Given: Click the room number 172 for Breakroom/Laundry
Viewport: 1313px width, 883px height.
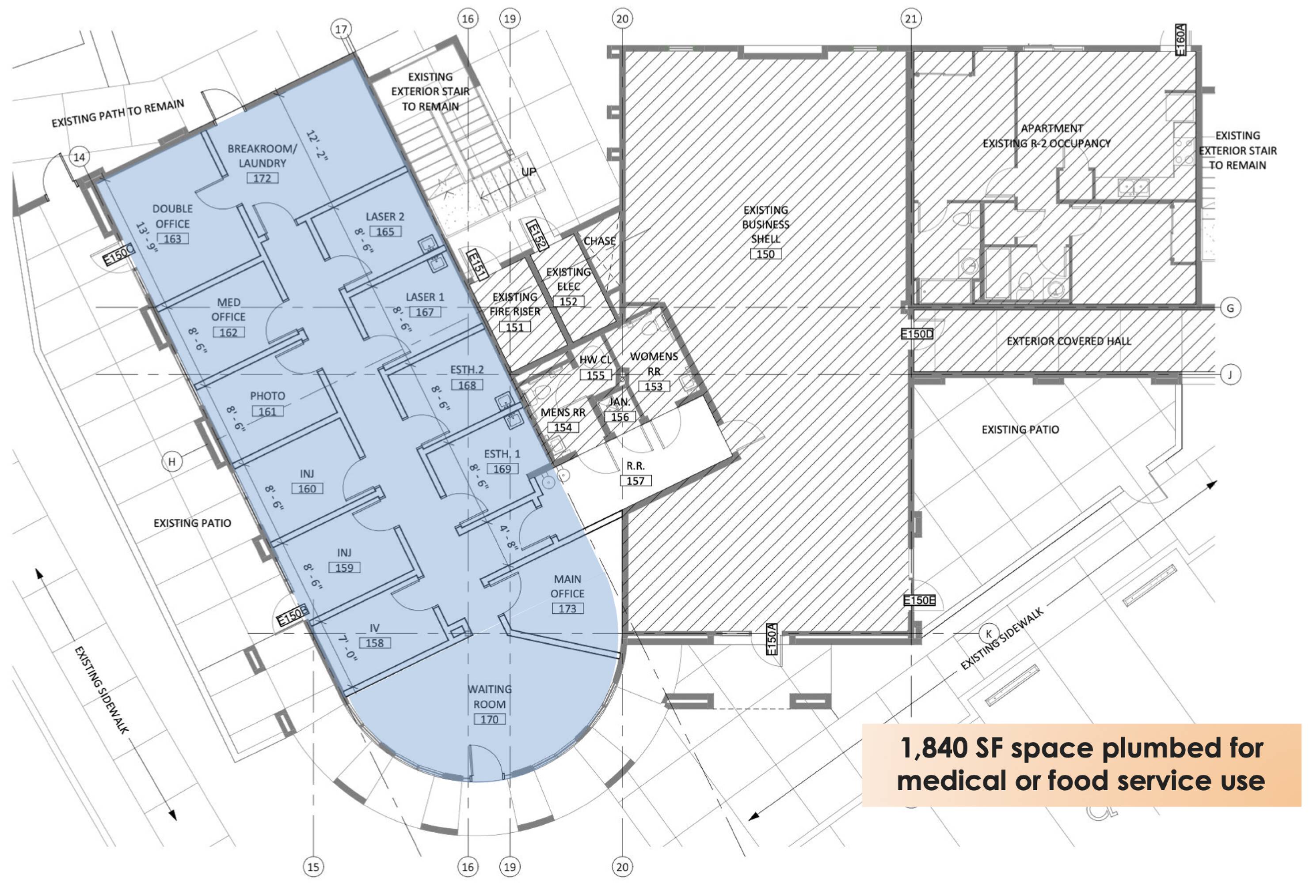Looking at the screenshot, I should (262, 178).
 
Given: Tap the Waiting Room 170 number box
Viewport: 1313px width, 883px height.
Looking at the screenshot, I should (489, 719).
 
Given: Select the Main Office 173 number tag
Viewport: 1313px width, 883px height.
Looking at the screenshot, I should (567, 608).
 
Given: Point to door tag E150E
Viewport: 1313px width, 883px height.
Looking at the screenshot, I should (919, 600).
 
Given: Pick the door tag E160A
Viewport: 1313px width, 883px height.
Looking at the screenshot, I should (1180, 39).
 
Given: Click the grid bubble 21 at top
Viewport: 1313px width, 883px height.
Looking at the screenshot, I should (911, 19).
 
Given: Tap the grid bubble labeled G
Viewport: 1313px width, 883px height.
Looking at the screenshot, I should (1230, 308).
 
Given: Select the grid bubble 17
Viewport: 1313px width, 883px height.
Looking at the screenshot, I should (341, 29).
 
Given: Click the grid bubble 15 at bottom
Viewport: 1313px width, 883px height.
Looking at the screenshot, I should (313, 867).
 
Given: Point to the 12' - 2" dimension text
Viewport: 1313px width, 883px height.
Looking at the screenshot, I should (317, 145).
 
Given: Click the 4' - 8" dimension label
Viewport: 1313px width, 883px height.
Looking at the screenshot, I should (509, 537).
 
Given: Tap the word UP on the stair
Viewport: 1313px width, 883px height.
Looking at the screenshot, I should (529, 171).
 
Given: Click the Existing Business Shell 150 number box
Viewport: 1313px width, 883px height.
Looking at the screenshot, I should (765, 254).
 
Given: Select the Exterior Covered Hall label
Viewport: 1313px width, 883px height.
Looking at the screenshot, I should (1069, 341).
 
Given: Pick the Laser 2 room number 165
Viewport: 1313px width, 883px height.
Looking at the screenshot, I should (385, 231).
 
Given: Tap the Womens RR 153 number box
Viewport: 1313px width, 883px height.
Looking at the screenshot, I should (653, 386).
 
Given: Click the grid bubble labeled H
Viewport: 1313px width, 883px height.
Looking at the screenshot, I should (172, 462).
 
